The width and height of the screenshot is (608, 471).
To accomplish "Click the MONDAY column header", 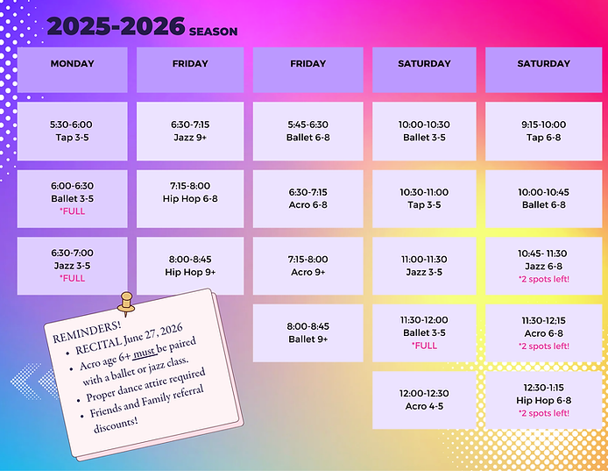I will tap(72, 64).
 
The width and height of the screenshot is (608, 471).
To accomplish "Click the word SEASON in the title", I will tap(212, 32).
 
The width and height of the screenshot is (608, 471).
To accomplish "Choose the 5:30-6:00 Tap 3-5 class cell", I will tap(72, 131).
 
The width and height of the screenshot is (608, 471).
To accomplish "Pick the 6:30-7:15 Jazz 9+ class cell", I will tap(191, 131).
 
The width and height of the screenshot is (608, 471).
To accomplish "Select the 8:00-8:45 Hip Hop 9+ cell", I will tap(191, 266).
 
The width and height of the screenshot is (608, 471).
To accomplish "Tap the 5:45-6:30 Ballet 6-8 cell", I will tap(308, 131).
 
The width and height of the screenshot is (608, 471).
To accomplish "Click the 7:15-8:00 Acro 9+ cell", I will tap(308, 266).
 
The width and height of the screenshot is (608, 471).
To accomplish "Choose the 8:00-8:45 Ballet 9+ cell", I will tap(308, 332).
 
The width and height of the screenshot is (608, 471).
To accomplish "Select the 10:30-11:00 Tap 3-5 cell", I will tap(424, 198).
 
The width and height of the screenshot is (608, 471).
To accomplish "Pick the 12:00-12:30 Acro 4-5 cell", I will tap(424, 400).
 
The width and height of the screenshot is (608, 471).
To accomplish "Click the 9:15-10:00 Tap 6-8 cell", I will tap(543, 131).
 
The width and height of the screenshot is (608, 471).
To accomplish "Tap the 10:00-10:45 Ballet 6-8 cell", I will tap(543, 198).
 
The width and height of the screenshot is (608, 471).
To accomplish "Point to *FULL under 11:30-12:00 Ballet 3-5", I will tap(424, 346).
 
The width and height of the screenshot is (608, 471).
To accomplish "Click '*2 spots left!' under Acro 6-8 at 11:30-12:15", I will tap(543, 346).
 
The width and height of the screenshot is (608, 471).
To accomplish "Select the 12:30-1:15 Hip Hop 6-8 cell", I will tap(543, 400).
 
